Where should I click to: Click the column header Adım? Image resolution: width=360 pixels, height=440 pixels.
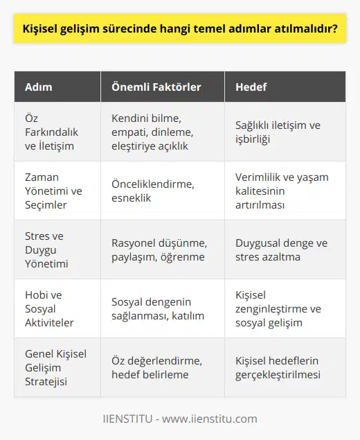coord(38,87)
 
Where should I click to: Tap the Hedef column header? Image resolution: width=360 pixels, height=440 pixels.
coord(251,87)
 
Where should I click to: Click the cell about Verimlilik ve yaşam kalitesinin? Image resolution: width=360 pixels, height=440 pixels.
coord(282,191)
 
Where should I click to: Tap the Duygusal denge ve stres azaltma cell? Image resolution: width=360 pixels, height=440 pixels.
coord(282,249)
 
